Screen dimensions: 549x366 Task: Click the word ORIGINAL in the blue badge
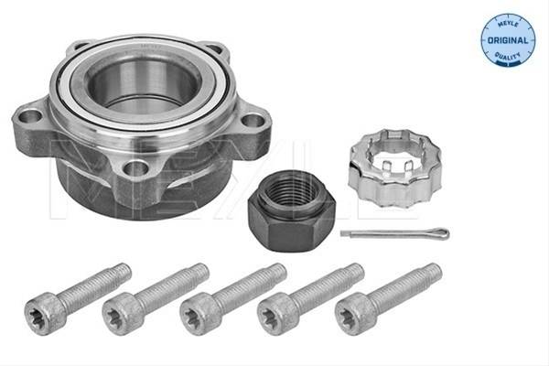[x=508, y=40]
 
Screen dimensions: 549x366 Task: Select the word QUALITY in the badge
[x=508, y=56]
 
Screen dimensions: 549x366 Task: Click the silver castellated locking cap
[x=394, y=167]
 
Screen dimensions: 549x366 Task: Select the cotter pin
[x=394, y=233]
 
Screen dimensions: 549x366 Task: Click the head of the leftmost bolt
[x=45, y=313]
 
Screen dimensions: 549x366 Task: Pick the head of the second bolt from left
[x=123, y=313]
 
